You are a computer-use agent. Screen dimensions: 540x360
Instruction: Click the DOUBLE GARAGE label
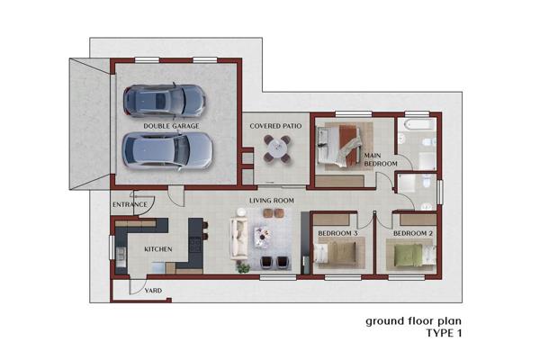point(171,126)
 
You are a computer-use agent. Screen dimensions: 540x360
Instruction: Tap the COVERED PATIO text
point(275,126)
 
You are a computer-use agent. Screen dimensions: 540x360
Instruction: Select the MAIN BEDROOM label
point(381,159)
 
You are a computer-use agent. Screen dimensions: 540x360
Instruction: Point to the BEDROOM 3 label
point(337,233)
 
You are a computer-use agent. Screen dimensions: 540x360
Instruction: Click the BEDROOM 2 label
point(413,233)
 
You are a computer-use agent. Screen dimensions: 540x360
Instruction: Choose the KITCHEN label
point(158,249)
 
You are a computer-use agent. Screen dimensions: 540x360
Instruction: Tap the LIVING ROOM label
point(272,201)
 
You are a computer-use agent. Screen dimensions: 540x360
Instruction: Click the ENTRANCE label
point(130,204)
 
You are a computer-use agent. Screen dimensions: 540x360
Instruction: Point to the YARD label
point(153,291)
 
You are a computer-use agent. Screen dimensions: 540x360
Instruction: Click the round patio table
point(277,148)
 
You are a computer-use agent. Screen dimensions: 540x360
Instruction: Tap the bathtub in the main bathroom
point(417,124)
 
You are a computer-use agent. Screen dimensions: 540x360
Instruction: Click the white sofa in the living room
point(239,238)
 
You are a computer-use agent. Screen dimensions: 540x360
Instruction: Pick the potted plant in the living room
point(243,267)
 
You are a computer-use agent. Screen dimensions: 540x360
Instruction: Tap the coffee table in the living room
point(263,236)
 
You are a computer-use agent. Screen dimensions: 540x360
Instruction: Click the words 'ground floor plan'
point(413,322)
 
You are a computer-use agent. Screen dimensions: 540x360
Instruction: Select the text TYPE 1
point(444,334)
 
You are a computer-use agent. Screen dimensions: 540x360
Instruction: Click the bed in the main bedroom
point(340,147)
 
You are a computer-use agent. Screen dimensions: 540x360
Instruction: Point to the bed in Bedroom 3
point(335,254)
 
